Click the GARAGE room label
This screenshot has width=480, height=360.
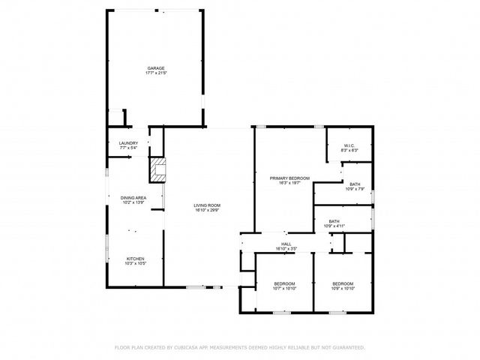tap(156, 68)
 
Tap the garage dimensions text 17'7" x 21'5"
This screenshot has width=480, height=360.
tap(156, 73)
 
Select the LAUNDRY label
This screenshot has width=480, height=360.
tap(128, 142)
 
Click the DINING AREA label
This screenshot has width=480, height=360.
tap(133, 198)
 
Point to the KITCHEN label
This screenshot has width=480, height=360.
tap(136, 259)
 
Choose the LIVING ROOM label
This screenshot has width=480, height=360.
tap(207, 205)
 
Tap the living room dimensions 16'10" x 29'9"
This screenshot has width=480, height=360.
tap(207, 210)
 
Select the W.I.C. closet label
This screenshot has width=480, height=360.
tap(349, 145)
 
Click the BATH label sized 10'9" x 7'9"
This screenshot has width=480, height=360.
tap(355, 184)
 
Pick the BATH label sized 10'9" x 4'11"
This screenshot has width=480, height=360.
tap(334, 221)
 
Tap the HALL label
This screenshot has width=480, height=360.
tap(286, 244)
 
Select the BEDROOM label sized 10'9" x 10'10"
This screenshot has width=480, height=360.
tap(343, 283)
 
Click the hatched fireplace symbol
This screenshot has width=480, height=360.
tap(158, 170)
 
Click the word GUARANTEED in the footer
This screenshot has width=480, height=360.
tap(347, 347)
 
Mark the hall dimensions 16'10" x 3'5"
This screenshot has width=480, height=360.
tap(286, 249)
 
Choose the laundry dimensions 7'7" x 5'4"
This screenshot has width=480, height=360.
tap(128, 148)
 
